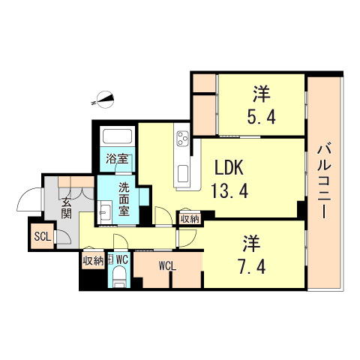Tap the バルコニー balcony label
324,180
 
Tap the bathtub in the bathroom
115,139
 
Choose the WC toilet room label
122,259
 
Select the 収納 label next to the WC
92,260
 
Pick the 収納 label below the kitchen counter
190,218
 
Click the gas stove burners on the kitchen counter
182,139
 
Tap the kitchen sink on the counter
182,174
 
